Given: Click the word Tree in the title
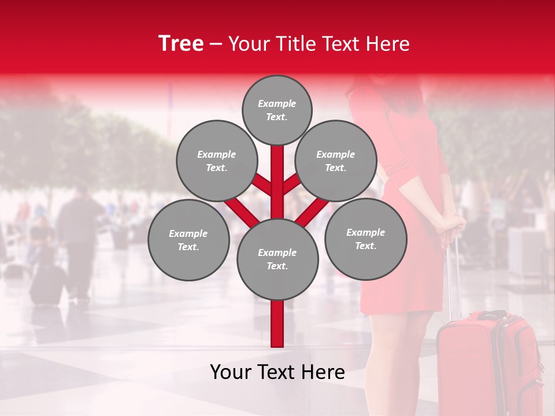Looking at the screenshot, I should pyautogui.click(x=181, y=44).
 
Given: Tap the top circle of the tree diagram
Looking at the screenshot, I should pyautogui.click(x=277, y=110).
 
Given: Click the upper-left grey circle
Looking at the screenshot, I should pyautogui.click(x=216, y=161).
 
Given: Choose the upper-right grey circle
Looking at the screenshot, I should pyautogui.click(x=336, y=161).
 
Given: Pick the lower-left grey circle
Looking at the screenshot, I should pyautogui.click(x=188, y=240).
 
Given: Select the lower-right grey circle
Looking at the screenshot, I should pyautogui.click(x=365, y=239).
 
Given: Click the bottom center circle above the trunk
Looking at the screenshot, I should pyautogui.click(x=277, y=259).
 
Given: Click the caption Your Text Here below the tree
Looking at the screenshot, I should pyautogui.click(x=277, y=372).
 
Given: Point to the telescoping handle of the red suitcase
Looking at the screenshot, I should pyautogui.click(x=454, y=277).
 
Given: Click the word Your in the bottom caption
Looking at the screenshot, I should pyautogui.click(x=231, y=372).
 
